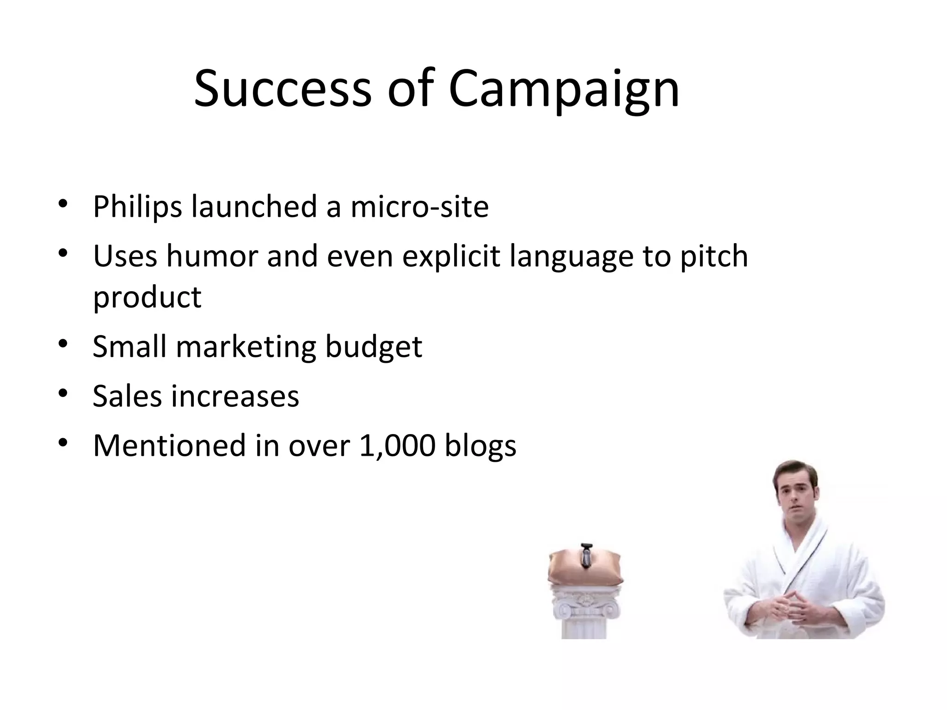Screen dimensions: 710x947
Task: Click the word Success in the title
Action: pos(283,89)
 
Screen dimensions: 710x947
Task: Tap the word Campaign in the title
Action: pos(564,89)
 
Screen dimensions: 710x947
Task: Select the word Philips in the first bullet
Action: pos(137,207)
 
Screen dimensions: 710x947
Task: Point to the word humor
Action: pos(212,256)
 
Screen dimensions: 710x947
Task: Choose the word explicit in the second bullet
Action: pos(451,256)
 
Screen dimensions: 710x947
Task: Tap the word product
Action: pos(147,297)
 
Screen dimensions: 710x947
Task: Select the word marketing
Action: pos(246,347)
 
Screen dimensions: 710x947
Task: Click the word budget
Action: pos(374,347)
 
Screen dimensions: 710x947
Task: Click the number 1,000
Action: pos(397,446)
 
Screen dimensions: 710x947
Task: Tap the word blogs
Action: pos(480,446)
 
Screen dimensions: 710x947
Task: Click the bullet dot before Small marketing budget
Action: pos(63,345)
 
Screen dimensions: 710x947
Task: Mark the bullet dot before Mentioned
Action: pos(63,444)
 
